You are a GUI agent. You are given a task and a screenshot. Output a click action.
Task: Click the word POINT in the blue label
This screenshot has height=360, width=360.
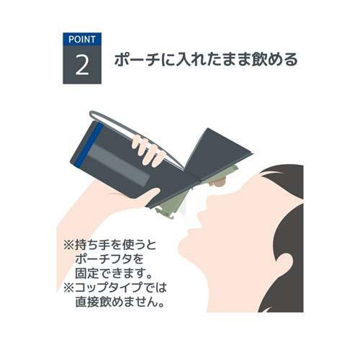tap(81, 39)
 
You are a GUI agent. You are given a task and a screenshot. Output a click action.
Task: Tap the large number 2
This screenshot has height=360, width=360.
tap(82, 65)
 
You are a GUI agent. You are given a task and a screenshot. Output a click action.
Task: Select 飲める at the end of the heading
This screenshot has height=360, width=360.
tap(277, 60)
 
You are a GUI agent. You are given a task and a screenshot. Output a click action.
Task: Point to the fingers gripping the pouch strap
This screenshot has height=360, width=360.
tap(148, 150)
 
